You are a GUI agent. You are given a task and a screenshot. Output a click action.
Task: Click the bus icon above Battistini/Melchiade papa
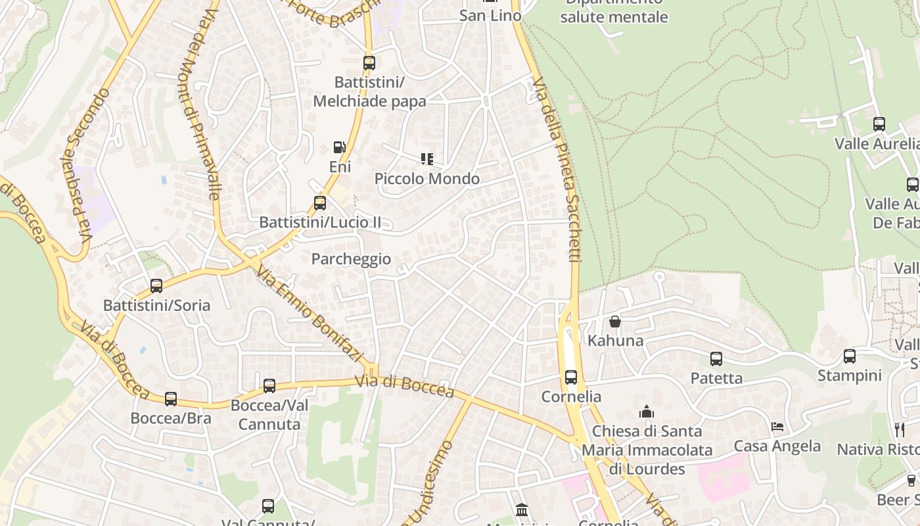tap(369, 63)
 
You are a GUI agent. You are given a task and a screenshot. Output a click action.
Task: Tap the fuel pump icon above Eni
tap(339, 148)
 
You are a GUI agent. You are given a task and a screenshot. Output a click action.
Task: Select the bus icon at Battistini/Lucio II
tap(320, 203)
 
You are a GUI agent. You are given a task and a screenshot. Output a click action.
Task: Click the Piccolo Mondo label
tap(427, 179)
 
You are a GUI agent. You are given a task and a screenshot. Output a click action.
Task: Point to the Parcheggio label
tap(351, 259)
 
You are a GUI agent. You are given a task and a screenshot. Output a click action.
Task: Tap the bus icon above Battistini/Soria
tap(156, 286)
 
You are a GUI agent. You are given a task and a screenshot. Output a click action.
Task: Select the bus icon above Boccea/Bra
tap(171, 399)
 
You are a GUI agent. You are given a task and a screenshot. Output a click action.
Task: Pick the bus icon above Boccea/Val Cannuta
tap(269, 386)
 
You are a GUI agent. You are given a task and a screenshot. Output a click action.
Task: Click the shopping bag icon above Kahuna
tap(615, 322)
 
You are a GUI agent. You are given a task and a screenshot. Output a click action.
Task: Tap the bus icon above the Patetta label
tap(716, 359)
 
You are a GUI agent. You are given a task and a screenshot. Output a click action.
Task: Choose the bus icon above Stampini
tap(850, 356)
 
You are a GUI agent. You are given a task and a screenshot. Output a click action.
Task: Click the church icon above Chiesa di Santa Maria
tap(647, 412)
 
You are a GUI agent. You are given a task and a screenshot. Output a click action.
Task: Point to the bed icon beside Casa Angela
tap(777, 427)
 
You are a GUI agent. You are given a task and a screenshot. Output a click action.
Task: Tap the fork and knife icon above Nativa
tap(900, 430)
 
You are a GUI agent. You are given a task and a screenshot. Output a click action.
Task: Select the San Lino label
tap(490, 15)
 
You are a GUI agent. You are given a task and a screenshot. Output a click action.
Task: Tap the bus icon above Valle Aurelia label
tap(879, 124)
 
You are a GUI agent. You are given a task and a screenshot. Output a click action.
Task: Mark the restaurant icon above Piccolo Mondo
tap(427, 159)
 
